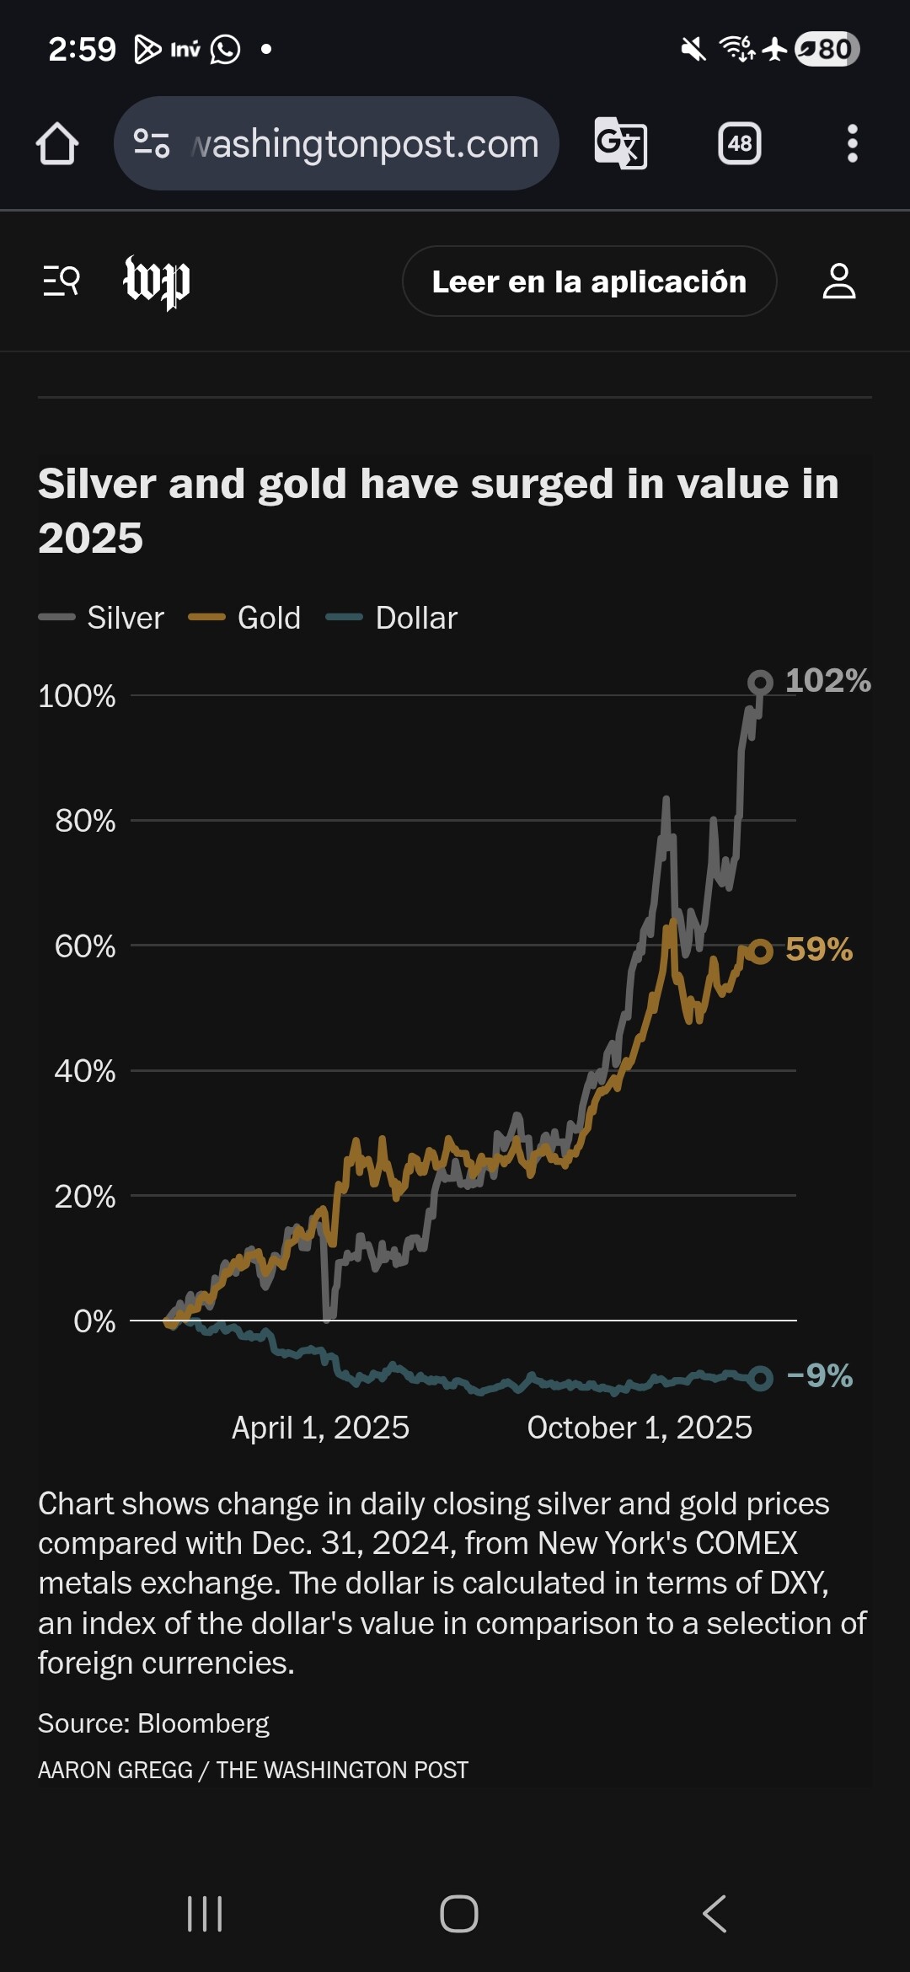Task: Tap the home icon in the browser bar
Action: point(57,143)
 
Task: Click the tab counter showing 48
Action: point(739,143)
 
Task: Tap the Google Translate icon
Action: point(620,143)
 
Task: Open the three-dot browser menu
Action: point(852,143)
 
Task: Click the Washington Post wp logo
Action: point(157,281)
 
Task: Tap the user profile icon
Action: point(838,281)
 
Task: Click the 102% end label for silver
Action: point(827,681)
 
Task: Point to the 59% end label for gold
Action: point(818,950)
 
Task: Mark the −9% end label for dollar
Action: point(819,1376)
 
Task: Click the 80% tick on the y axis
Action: point(85,821)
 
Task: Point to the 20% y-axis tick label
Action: point(85,1197)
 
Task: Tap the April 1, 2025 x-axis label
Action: point(320,1428)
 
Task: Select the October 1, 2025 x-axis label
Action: point(640,1428)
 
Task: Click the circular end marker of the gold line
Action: point(760,951)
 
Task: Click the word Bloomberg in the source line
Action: point(203,1723)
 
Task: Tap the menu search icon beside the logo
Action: point(62,281)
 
